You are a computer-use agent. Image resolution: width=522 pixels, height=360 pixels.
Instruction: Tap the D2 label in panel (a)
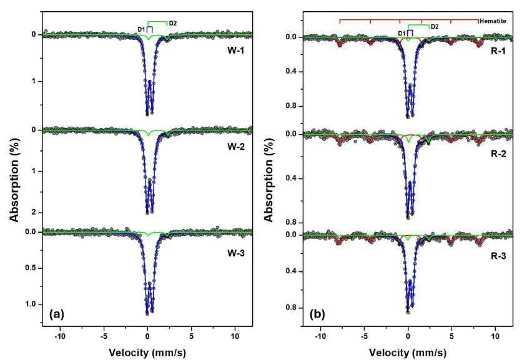tap(173, 24)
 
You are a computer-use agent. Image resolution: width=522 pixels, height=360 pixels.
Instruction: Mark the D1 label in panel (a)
tap(142, 29)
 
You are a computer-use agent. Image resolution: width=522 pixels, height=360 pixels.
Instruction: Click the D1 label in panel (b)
tap(401, 32)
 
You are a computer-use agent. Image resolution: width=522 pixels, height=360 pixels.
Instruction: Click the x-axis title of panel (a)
tap(147, 352)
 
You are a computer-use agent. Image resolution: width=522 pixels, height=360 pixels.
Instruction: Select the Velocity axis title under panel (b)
tap(408, 352)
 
